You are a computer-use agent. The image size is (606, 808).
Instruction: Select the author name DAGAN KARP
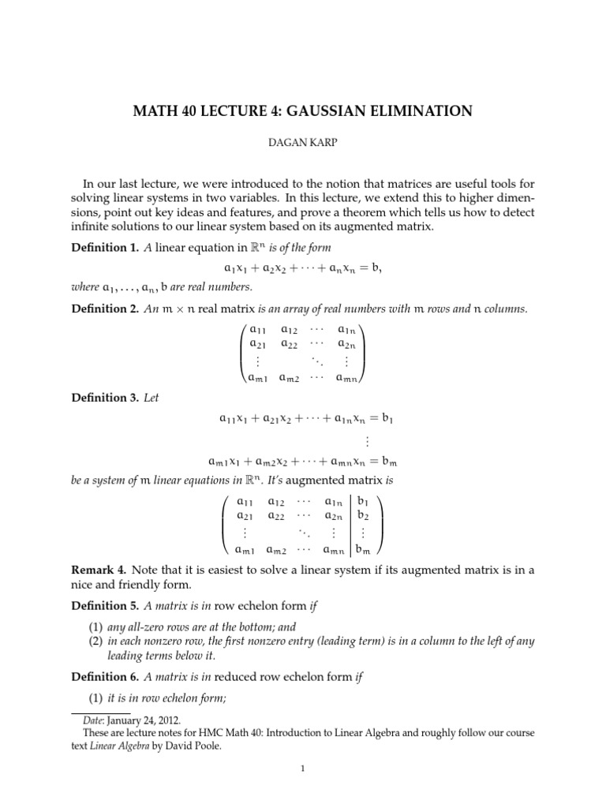303,148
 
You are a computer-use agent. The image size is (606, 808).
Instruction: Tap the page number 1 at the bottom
303,781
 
